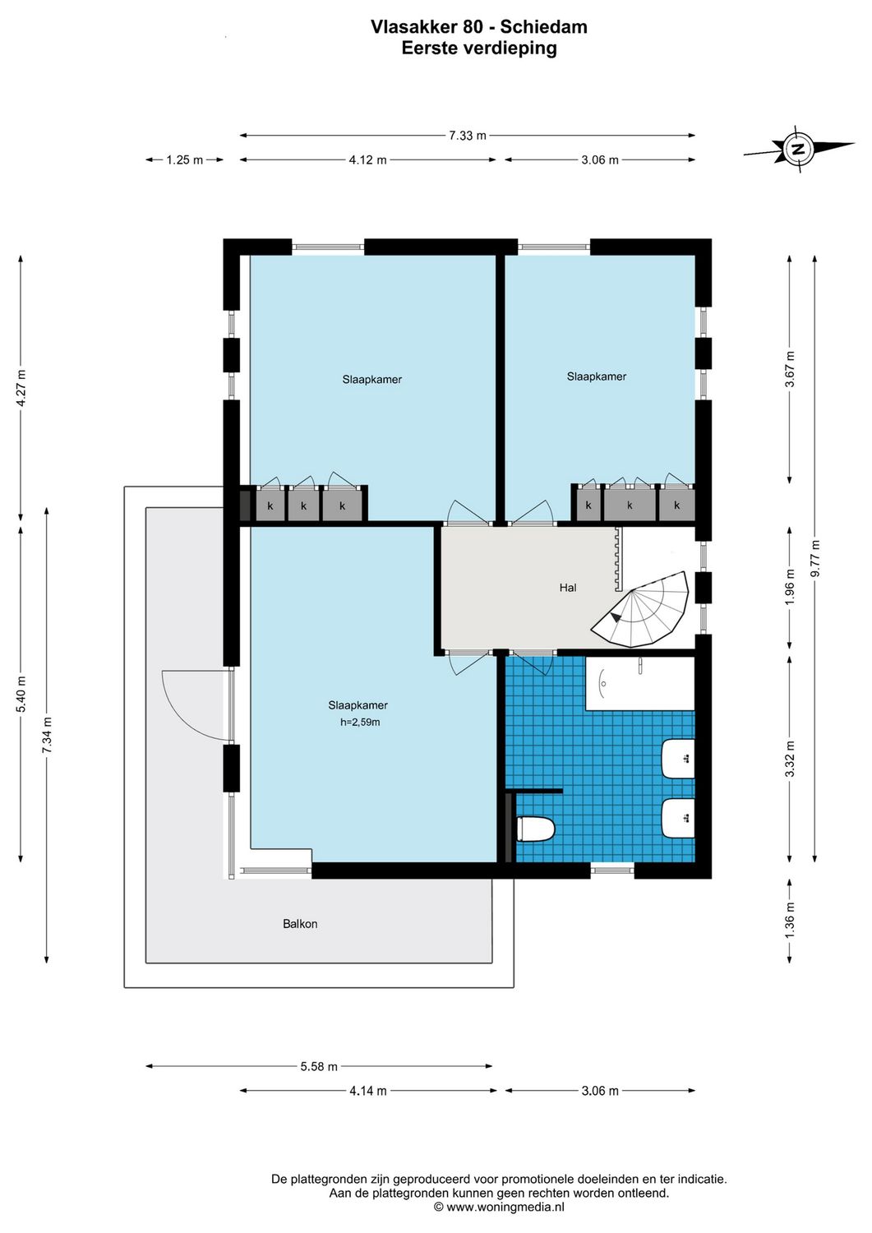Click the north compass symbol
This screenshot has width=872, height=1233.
click(x=797, y=150)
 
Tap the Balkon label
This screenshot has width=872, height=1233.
click(x=300, y=924)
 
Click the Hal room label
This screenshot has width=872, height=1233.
click(x=568, y=588)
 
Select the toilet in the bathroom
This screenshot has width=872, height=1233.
click(x=536, y=829)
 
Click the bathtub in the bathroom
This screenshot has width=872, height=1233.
click(x=639, y=683)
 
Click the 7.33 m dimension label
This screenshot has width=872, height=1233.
click(x=468, y=136)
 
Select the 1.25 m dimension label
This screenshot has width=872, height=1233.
click(x=185, y=160)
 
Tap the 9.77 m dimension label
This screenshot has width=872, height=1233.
click(x=815, y=559)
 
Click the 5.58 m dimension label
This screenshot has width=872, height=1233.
click(x=319, y=1067)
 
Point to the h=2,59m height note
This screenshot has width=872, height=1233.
click(x=360, y=723)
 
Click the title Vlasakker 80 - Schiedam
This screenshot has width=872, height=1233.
click(x=479, y=27)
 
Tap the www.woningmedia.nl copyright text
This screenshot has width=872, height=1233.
click(x=499, y=1208)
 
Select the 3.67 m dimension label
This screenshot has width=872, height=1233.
click(x=790, y=369)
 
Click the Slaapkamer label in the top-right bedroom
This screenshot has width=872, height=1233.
click(x=597, y=376)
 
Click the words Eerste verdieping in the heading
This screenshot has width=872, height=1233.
click(x=479, y=48)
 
